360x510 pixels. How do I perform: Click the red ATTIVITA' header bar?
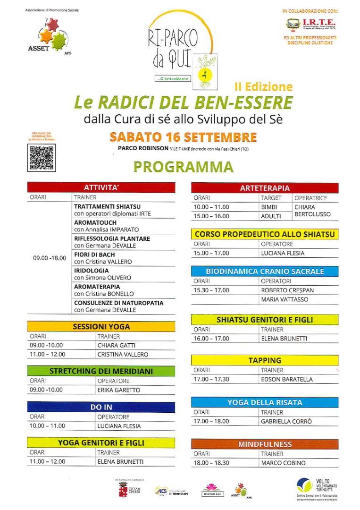101,187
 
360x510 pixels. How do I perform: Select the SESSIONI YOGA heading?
101,326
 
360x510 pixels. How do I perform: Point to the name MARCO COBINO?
283,463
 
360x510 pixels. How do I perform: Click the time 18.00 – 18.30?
211,463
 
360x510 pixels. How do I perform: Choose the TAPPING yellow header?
265,360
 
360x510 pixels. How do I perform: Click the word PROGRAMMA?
183,167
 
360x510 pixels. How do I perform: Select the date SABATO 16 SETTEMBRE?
183,137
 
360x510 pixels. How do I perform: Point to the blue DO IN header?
101,407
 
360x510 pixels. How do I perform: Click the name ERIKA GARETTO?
118,390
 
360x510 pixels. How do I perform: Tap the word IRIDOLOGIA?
92,271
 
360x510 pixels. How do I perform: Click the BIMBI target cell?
269,207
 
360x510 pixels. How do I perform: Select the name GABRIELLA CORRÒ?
286,421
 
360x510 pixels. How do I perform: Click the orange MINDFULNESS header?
265,444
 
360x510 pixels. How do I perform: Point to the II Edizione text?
263,86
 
